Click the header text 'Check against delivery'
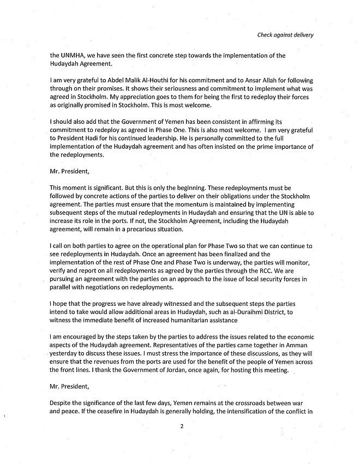click(286, 35)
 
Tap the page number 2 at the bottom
click(181, 441)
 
